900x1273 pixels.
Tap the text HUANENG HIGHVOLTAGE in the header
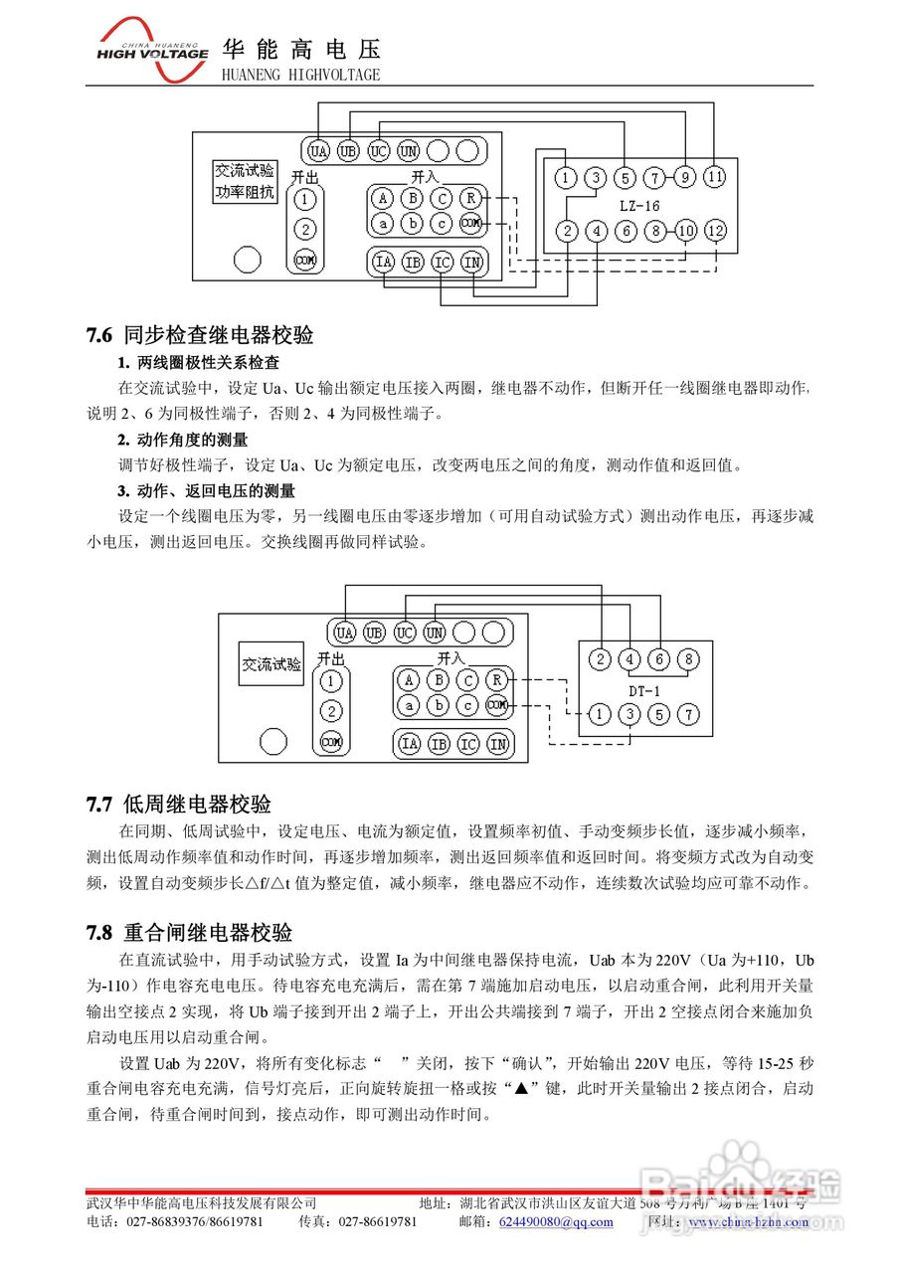point(299,75)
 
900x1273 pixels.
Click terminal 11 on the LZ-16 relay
point(715,178)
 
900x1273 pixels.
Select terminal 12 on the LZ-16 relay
point(715,231)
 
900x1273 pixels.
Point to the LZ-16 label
point(639,205)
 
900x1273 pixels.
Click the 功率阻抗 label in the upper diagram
point(245,193)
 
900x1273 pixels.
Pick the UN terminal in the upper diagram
point(408,151)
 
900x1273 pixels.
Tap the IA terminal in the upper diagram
point(383,263)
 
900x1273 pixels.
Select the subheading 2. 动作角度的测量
point(182,439)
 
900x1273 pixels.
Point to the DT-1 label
point(643,690)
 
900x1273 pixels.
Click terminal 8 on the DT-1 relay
point(687,659)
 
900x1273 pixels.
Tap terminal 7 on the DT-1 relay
point(687,715)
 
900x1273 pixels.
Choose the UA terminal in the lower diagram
point(345,633)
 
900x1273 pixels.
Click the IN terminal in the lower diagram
point(498,744)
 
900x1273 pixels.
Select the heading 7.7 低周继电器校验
point(179,804)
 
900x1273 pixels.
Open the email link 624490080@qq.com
point(556,1221)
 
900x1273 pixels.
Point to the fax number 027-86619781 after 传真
point(378,1221)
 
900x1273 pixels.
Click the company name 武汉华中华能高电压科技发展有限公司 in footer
point(202,1203)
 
